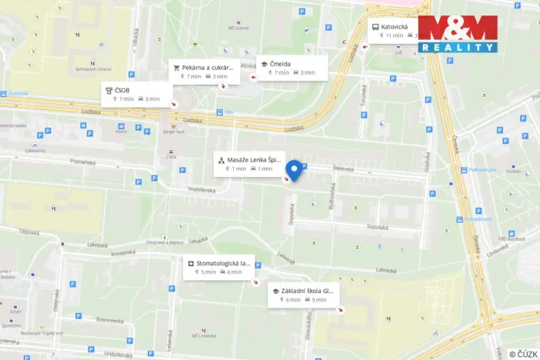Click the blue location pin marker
[294, 170]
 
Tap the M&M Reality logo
[458, 34]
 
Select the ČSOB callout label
[132, 94]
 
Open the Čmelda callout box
[292, 68]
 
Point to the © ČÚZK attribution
[522, 353]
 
